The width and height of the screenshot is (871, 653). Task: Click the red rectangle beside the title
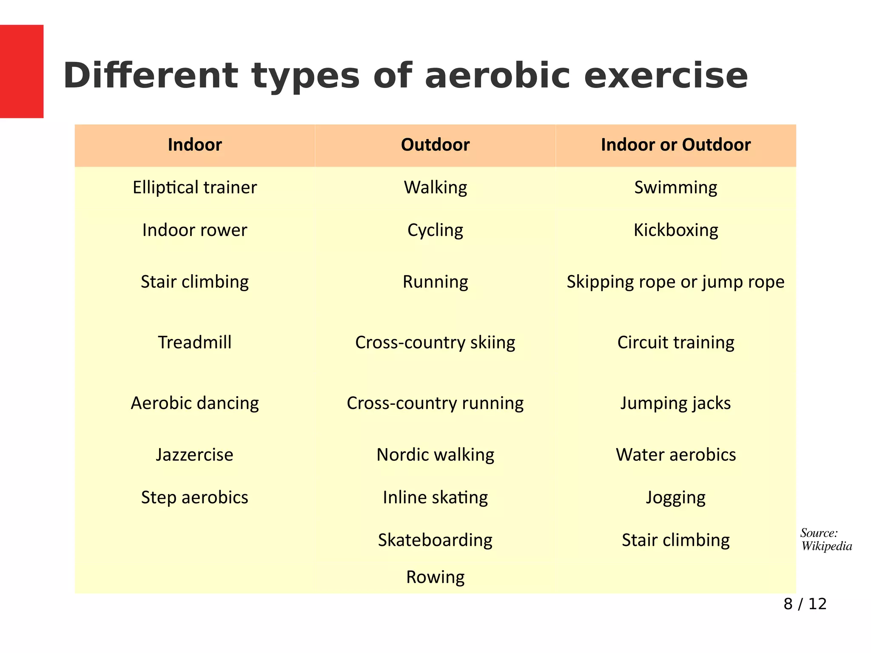(x=22, y=71)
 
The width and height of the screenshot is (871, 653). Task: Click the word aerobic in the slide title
(x=497, y=76)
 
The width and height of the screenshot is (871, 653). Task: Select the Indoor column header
(x=195, y=145)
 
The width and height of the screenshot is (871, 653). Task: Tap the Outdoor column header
(x=435, y=145)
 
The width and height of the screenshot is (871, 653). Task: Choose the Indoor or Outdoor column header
(x=675, y=145)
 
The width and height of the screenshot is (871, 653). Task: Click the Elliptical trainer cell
(x=195, y=187)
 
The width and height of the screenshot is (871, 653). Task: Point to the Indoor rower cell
(x=195, y=230)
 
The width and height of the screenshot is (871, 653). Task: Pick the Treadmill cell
(x=195, y=342)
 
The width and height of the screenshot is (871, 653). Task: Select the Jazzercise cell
(x=195, y=454)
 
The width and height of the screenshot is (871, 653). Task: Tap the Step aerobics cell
(x=195, y=497)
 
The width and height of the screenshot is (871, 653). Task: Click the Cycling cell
(x=435, y=230)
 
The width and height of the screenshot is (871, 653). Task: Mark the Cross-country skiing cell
(x=435, y=342)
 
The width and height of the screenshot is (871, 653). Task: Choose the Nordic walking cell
(x=435, y=454)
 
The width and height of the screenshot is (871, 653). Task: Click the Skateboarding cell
(x=435, y=540)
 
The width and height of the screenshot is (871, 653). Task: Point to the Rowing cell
(x=435, y=577)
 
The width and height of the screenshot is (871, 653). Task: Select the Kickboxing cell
(x=675, y=230)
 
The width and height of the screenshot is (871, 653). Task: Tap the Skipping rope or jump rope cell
(x=675, y=282)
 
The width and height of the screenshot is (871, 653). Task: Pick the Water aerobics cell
(x=675, y=454)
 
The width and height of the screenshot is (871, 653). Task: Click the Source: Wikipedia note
(x=826, y=539)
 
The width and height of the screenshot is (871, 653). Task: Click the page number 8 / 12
(x=805, y=604)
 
